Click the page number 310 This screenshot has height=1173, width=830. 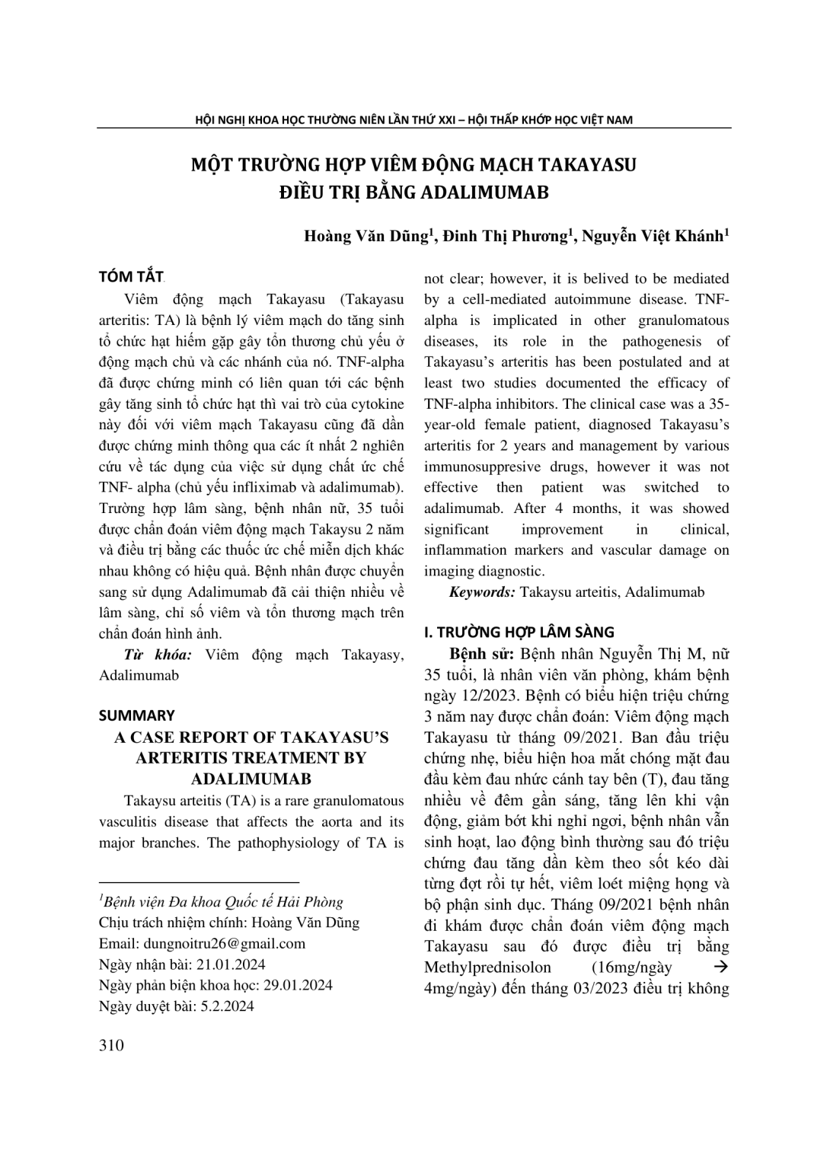point(111,1045)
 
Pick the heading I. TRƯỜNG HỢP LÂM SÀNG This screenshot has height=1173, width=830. point(519,633)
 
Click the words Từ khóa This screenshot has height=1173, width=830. point(158,655)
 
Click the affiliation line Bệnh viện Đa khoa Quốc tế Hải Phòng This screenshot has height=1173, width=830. point(222,903)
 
